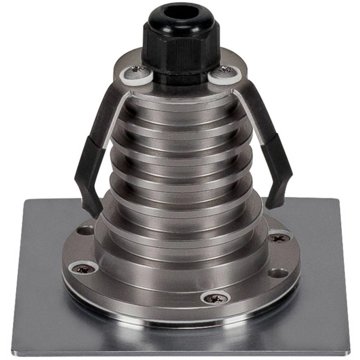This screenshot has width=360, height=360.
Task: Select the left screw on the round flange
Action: pos(84,268)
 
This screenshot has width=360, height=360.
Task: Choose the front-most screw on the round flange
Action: pos(216,298)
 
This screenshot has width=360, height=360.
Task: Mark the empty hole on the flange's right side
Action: pos(278,273)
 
